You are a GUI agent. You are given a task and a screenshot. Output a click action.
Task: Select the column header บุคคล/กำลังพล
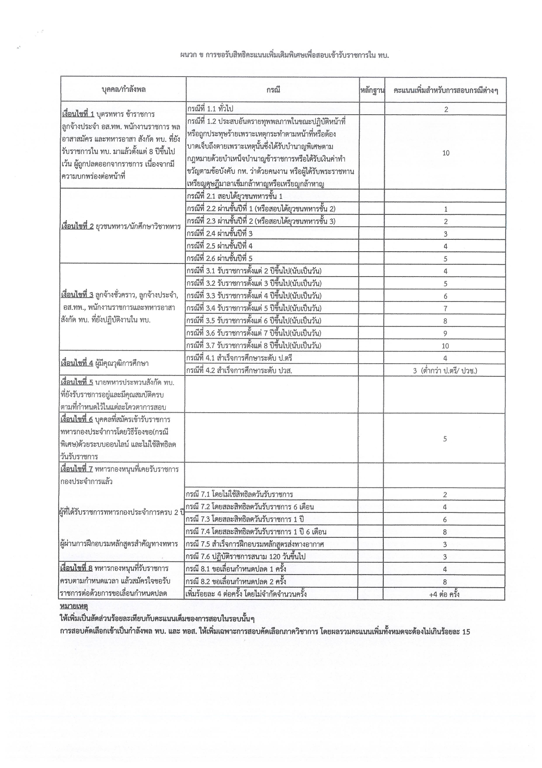point(124,90)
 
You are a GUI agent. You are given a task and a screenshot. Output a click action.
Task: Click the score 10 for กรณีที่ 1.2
point(445,153)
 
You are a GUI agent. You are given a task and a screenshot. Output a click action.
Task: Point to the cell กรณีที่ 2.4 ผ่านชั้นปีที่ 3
point(219,234)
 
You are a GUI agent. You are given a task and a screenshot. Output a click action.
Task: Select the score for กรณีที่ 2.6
point(445,259)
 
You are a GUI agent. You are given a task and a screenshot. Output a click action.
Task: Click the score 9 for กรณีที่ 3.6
point(445,333)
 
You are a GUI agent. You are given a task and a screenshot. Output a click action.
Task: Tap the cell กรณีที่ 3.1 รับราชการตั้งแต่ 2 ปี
point(257,271)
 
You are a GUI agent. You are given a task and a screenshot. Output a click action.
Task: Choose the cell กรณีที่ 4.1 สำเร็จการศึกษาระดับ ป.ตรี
point(239,358)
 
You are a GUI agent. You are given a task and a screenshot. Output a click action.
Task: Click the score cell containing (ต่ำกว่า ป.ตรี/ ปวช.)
point(445,371)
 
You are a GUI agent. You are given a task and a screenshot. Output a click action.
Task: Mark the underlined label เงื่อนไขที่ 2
point(78,227)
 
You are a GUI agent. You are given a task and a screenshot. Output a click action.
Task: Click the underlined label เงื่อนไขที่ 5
point(77,382)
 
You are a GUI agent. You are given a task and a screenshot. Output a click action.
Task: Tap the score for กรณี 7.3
point(445,519)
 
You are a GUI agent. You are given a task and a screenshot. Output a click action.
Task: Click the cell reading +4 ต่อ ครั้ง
point(445,594)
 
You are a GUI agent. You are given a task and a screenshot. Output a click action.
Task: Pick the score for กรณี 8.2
point(445,582)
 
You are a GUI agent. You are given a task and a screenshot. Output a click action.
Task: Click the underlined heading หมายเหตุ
point(74,607)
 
